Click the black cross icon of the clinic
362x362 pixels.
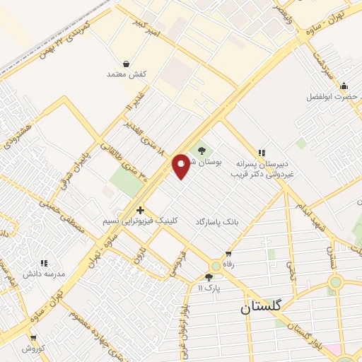[x=140, y=210]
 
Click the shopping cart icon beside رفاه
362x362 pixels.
[x=228, y=254]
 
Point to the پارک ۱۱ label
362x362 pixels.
[x=209, y=288]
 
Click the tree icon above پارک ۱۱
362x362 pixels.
[x=209, y=277]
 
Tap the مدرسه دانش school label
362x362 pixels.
[x=44, y=272]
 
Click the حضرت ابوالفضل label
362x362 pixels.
[x=331, y=96]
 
